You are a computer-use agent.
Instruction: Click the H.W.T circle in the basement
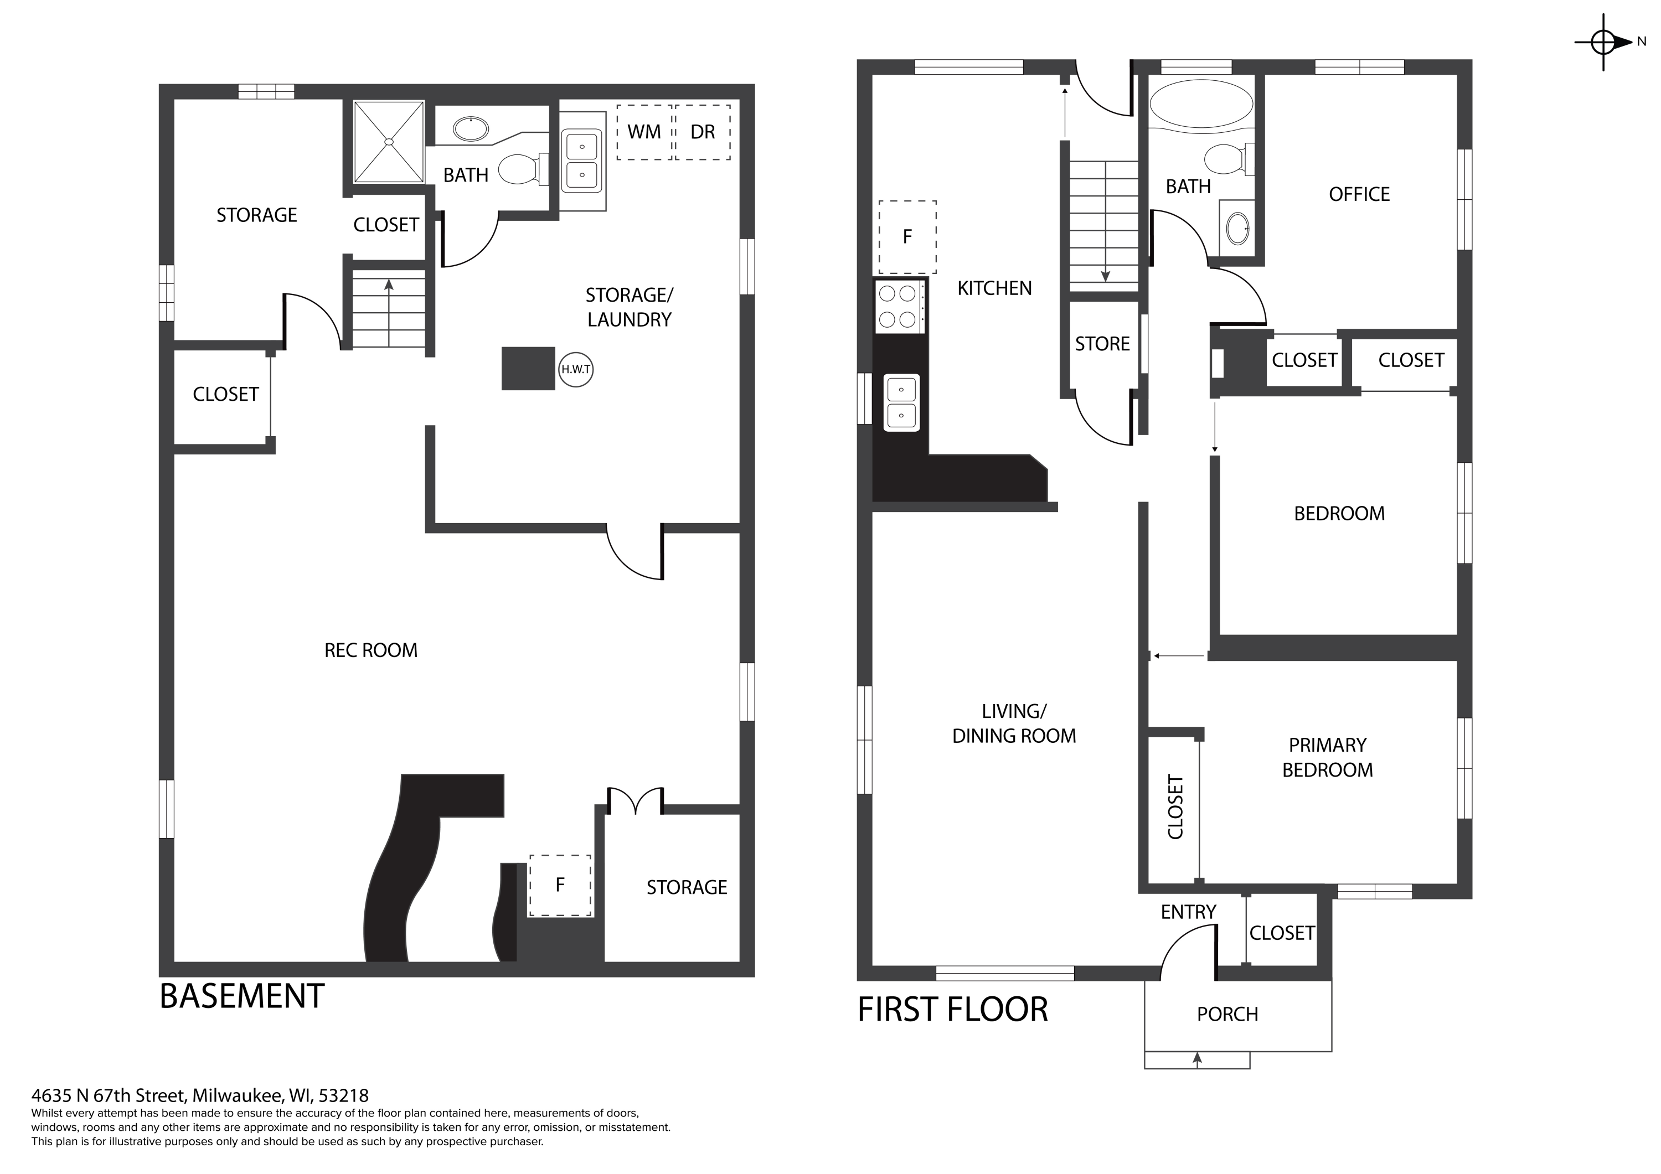pyautogui.click(x=576, y=370)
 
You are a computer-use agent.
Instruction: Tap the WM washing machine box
pyautogui.click(x=644, y=132)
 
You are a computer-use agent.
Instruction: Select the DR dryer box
pyautogui.click(x=703, y=132)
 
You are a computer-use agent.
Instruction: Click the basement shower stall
pyautogui.click(x=389, y=142)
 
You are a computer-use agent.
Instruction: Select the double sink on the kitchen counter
pyautogui.click(x=901, y=403)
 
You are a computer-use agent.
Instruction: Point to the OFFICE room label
pyautogui.click(x=1359, y=194)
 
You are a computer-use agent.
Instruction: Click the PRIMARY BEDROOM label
pyautogui.click(x=1328, y=757)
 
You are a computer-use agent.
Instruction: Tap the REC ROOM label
pyautogui.click(x=370, y=650)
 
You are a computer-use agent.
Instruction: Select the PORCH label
pyautogui.click(x=1227, y=1014)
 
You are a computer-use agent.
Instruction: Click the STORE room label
pyautogui.click(x=1102, y=344)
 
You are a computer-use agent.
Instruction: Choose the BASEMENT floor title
pyautogui.click(x=241, y=996)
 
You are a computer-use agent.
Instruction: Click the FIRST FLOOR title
pyautogui.click(x=953, y=1009)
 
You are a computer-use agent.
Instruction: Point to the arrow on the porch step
pyautogui.click(x=1197, y=1060)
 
